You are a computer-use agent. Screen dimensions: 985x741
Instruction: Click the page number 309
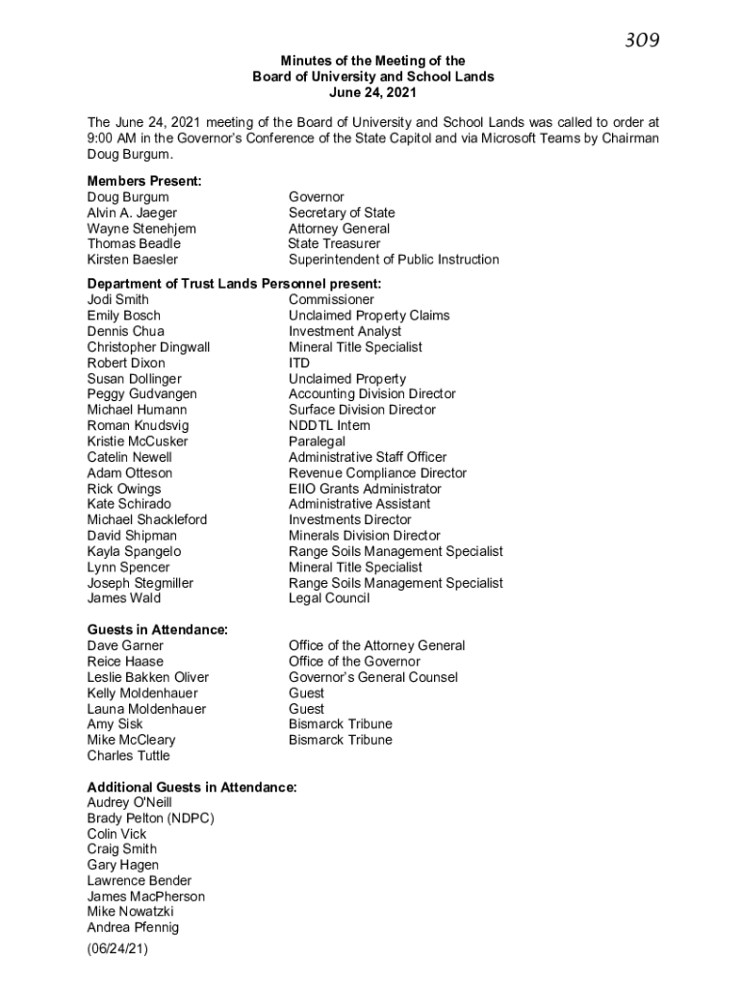[x=642, y=39]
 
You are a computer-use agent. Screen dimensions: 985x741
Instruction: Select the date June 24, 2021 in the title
[x=372, y=92]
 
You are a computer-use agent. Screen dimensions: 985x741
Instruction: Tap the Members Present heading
[x=144, y=181]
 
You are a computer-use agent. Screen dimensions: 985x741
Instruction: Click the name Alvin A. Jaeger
[x=132, y=213]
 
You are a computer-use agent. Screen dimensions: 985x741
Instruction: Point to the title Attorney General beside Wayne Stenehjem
[x=339, y=229]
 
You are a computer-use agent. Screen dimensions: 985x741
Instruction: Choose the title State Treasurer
[x=334, y=244]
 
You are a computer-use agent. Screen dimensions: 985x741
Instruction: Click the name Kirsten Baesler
[x=132, y=260]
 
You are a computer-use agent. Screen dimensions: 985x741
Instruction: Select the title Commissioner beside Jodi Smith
[x=331, y=300]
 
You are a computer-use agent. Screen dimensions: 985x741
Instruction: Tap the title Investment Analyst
[x=345, y=332]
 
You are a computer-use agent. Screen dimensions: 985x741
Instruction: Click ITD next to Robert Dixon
[x=299, y=364]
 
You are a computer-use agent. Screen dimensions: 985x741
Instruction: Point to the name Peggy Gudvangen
[x=141, y=394]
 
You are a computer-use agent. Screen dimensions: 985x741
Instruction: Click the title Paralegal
[x=317, y=442]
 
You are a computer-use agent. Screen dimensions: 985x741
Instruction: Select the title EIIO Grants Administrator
[x=365, y=489]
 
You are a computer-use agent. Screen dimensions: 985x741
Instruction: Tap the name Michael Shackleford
[x=146, y=520]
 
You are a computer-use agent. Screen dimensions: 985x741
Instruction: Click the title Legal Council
[x=328, y=598]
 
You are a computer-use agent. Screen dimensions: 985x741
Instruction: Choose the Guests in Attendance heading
[x=158, y=630]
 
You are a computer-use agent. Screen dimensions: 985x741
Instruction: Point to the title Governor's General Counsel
[x=372, y=677]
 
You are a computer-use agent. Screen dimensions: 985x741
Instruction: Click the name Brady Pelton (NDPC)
[x=150, y=819]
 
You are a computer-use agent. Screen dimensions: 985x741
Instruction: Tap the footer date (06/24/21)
[x=117, y=949]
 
